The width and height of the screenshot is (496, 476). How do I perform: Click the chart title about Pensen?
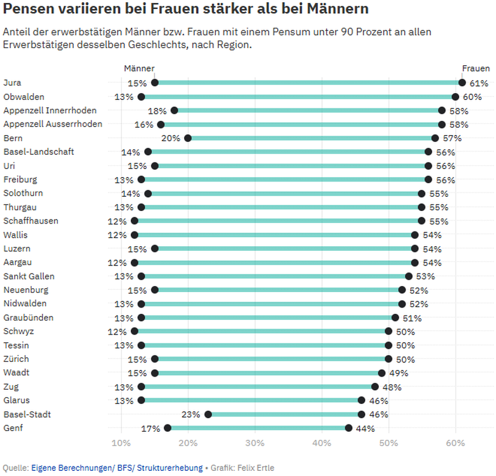[x=185, y=10]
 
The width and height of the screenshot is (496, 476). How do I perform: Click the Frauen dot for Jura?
[x=462, y=83]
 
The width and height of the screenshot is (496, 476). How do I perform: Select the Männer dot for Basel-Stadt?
[x=208, y=415]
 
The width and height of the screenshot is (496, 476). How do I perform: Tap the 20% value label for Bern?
[x=171, y=138]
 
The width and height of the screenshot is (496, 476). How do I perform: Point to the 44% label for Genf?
[x=365, y=428]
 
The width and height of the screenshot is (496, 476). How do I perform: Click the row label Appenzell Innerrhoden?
[x=50, y=111]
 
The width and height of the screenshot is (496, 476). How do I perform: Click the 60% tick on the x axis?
[x=455, y=443]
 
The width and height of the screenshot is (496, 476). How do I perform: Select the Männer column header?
[x=139, y=68]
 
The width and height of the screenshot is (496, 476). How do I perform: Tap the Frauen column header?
[x=476, y=68]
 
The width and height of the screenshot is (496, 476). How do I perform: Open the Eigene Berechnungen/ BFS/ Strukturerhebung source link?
[x=116, y=468]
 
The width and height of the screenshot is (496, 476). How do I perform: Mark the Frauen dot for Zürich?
[x=389, y=359]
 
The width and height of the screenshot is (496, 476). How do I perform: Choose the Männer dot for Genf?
[x=168, y=428]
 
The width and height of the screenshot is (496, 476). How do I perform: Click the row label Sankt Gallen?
[x=29, y=276]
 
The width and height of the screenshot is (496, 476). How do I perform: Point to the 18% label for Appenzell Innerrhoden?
[x=157, y=111]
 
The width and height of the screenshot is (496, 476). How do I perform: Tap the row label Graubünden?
[x=29, y=318]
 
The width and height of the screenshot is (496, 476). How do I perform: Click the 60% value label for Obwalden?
[x=472, y=97]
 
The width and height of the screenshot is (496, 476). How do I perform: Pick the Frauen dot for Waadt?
[x=382, y=373]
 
